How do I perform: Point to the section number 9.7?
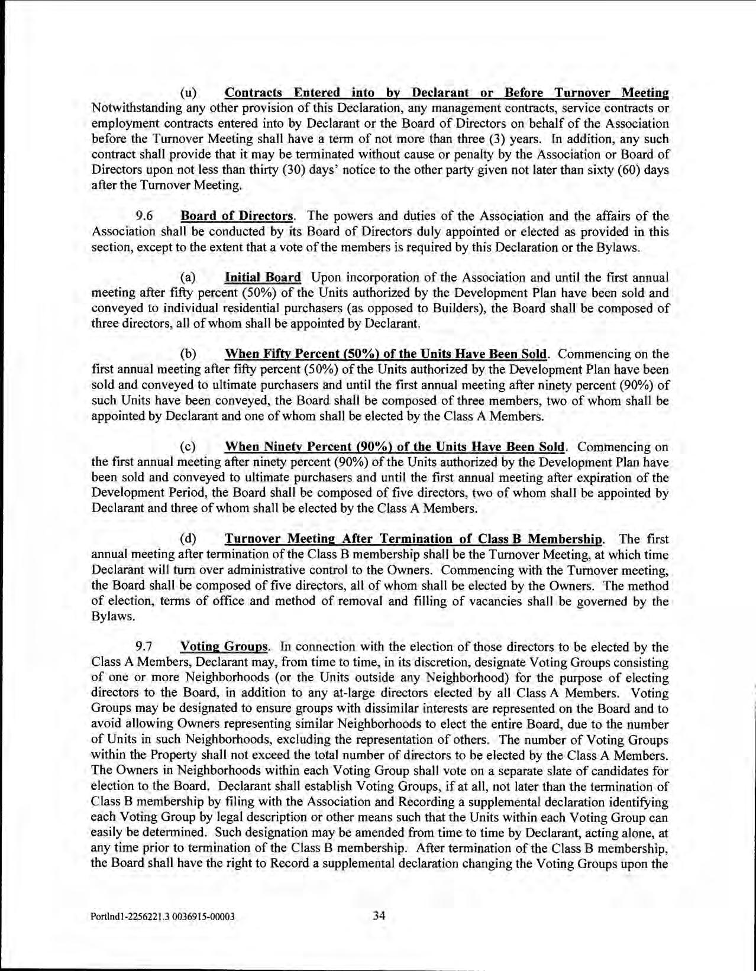click(145, 647)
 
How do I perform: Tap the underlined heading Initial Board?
click(263, 277)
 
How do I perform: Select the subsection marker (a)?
click(188, 277)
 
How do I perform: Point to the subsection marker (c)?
click(188, 446)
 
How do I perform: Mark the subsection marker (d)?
click(188, 539)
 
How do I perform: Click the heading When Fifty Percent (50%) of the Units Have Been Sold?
click(386, 354)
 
